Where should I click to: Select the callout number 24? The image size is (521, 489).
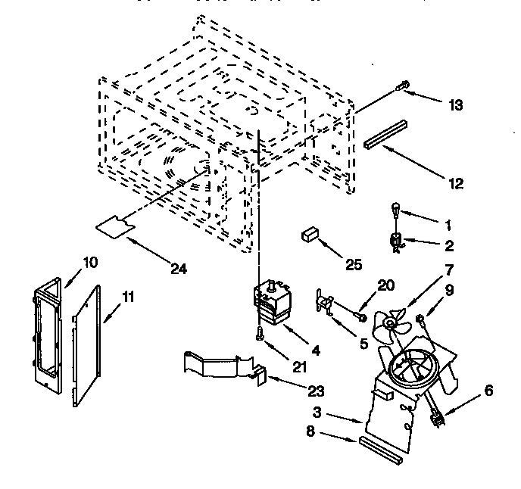tap(179, 268)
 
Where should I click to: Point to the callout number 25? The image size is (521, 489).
tap(353, 264)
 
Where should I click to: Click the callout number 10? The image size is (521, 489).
tap(90, 263)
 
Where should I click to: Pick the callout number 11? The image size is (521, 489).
tap(128, 297)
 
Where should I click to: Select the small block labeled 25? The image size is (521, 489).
tap(308, 235)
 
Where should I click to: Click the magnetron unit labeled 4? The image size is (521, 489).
tap(271, 303)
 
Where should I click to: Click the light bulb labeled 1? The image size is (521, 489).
tap(395, 208)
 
